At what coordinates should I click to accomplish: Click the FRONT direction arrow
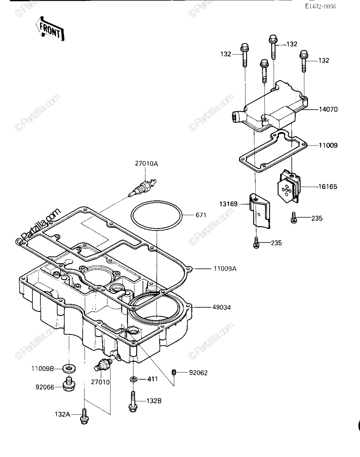[50, 29]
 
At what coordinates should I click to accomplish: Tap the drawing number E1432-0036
[321, 6]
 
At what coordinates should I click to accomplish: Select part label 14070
[328, 110]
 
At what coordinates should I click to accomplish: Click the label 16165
[328, 187]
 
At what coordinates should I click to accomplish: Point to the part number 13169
[229, 204]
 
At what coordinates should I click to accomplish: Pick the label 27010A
[147, 164]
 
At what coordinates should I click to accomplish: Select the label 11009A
[225, 269]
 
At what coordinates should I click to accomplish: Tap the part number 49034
[221, 307]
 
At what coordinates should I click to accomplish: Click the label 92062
[198, 373]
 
